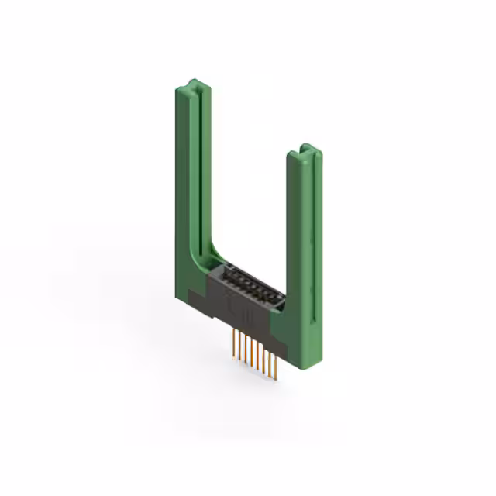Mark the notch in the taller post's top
click(x=195, y=83)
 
